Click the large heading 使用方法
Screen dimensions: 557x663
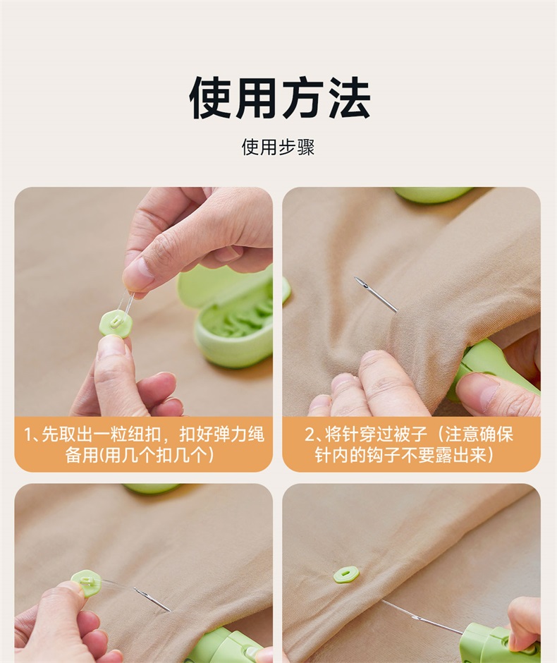tap(279, 97)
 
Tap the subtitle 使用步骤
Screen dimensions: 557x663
tap(278, 147)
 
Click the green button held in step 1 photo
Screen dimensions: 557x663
tap(116, 324)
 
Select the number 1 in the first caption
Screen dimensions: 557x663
tap(28, 434)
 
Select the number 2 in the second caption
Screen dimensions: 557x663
tap(310, 434)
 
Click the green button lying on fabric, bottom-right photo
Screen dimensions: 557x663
tap(346, 574)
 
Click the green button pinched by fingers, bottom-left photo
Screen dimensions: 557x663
tap(87, 583)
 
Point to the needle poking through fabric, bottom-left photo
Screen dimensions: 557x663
tap(152, 599)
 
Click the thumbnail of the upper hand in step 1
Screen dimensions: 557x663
tap(136, 273)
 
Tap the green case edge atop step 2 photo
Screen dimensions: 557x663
tap(433, 194)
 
